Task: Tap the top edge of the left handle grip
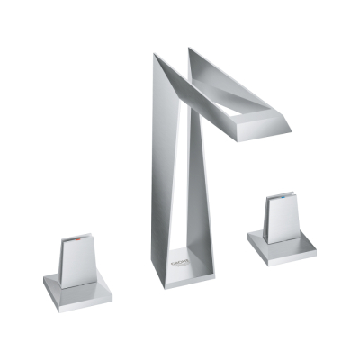tap(76, 237)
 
